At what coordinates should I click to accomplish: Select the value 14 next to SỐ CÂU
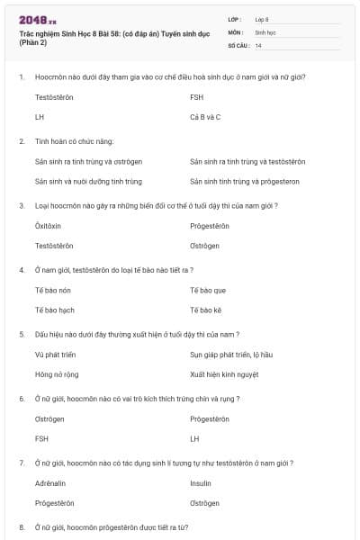[258, 45]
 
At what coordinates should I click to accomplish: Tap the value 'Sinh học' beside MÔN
[265, 31]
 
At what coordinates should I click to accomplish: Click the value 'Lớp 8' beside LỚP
[262, 18]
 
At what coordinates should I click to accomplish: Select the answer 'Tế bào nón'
[52, 290]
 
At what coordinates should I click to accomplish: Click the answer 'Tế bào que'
[208, 290]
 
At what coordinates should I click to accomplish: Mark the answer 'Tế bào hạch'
[54, 310]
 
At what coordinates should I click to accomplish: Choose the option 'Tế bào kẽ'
[206, 310]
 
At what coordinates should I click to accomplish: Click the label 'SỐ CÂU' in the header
[238, 45]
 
